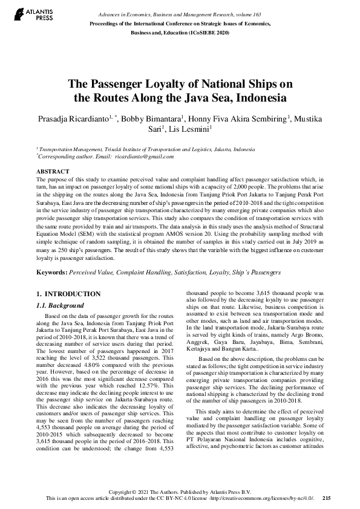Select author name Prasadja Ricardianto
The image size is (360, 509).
(73, 118)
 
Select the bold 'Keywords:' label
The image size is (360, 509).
(51, 273)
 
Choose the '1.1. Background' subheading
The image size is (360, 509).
(59, 306)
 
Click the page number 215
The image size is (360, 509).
(327, 498)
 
